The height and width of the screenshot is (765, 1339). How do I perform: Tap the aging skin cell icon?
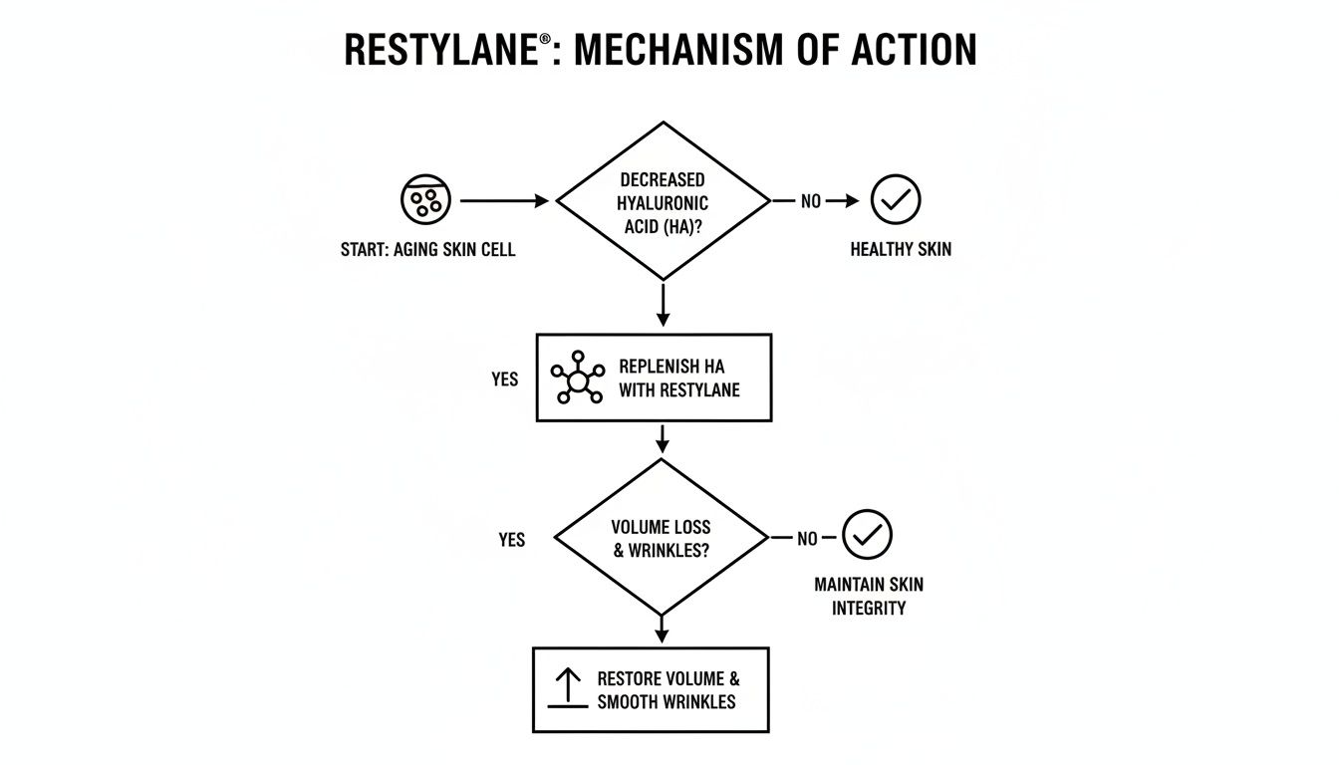(x=425, y=200)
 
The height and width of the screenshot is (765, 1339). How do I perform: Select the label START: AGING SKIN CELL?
(x=427, y=250)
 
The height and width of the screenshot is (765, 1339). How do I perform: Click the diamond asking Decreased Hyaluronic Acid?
(x=663, y=200)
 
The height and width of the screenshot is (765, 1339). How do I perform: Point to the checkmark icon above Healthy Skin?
(x=896, y=200)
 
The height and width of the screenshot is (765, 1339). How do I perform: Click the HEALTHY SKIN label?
(x=901, y=250)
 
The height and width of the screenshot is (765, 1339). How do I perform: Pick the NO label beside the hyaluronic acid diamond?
(x=811, y=201)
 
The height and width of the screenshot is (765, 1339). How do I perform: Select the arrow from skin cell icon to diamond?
(x=504, y=200)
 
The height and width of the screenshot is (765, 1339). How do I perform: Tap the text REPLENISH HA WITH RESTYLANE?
(x=678, y=378)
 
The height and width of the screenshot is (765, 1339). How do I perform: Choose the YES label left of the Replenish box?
(x=505, y=380)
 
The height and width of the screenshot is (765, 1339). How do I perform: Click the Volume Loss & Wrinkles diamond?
(x=661, y=537)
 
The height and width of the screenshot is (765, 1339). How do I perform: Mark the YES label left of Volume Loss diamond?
(x=511, y=539)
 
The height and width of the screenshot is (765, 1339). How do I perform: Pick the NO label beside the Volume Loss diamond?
(x=807, y=538)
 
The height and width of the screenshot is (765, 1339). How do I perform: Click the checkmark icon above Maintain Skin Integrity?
(x=867, y=535)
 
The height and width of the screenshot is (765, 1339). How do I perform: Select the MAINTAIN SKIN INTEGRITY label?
(x=869, y=596)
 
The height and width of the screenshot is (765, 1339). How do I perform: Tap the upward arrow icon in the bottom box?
(x=567, y=688)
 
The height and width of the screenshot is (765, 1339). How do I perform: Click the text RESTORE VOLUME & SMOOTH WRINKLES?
(x=668, y=689)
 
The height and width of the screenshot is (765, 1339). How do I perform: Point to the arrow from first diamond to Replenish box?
(x=663, y=305)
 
